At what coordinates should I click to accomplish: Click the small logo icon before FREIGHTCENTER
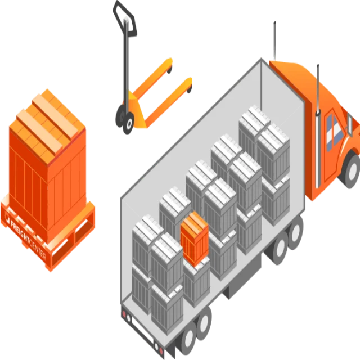pos(8,217)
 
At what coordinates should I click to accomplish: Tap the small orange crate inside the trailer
pos(195,238)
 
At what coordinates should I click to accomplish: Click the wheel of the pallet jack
pos(129,122)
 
